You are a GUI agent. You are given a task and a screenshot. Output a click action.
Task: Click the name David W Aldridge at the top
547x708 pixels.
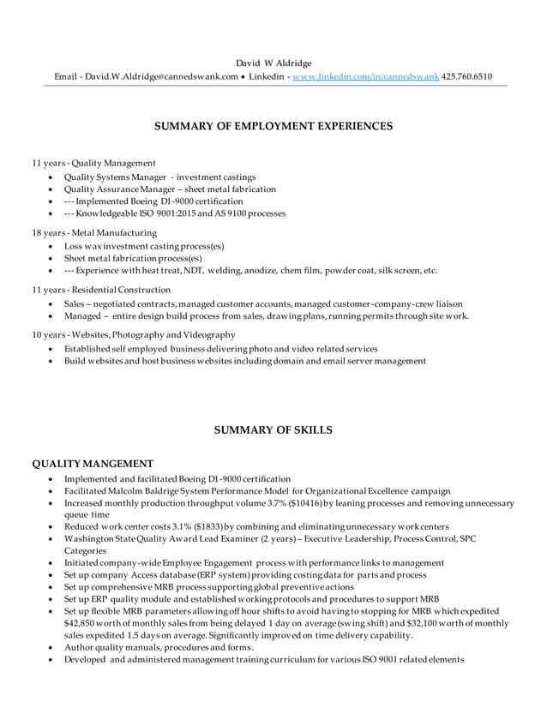273,63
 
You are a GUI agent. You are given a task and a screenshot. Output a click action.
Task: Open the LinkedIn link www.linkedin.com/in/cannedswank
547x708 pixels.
365,76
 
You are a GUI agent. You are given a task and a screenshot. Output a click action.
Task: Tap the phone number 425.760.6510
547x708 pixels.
468,76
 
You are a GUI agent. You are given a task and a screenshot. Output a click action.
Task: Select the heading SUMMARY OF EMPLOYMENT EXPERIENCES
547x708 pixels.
273,126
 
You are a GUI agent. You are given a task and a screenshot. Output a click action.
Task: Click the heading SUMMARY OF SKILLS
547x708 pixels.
273,429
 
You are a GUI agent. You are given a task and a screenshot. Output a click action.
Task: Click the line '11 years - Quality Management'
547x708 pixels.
93,163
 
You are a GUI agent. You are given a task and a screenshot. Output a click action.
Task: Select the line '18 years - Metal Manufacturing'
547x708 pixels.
94,232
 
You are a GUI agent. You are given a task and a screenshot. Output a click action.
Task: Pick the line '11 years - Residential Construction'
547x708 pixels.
101,289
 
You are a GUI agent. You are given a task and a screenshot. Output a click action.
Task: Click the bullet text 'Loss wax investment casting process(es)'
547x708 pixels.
144,246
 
